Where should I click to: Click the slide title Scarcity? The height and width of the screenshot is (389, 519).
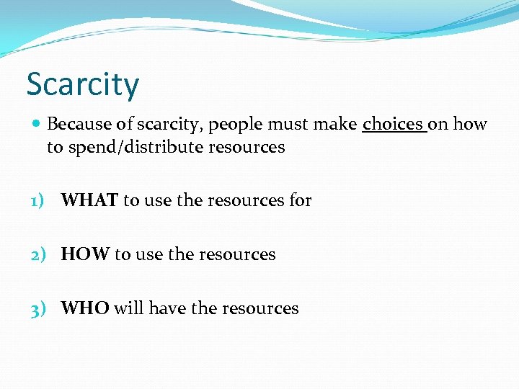coord(82,84)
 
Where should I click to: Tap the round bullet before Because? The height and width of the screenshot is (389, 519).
coord(36,125)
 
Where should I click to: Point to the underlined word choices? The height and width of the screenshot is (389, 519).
coord(394,125)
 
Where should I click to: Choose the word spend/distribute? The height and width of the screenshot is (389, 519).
coord(133,148)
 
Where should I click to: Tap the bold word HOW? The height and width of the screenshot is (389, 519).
coord(86,254)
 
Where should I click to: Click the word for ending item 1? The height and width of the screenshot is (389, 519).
coord(300,200)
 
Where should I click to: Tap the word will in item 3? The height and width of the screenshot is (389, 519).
coord(128,308)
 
